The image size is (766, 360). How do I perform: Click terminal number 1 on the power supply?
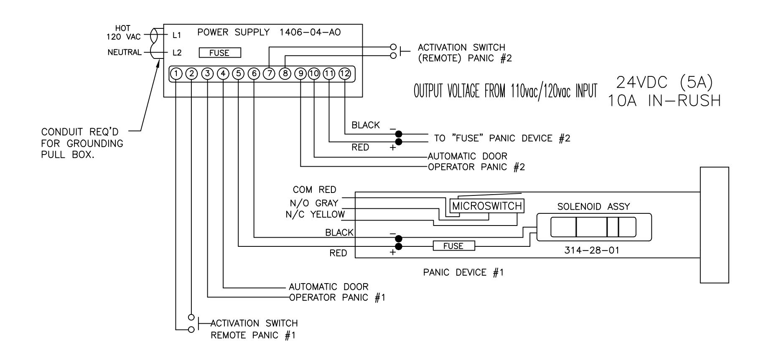[176, 74]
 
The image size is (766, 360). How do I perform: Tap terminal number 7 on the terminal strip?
[270, 74]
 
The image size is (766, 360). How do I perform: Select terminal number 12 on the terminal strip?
[345, 74]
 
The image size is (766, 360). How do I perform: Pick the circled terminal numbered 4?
[223, 74]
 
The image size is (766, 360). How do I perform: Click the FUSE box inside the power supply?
[220, 53]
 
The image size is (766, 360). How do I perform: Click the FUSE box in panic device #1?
[454, 246]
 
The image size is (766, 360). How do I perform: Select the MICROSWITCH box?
[487, 206]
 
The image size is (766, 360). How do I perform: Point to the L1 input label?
[177, 36]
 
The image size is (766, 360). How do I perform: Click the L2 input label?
[177, 53]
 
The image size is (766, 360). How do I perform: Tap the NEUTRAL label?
[125, 53]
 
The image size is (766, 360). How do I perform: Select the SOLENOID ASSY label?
[594, 206]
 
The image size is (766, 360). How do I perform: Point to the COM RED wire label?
[314, 190]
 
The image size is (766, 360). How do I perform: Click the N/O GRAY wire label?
[314, 203]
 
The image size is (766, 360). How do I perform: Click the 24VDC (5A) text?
[664, 83]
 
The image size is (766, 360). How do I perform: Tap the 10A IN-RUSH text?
[664, 101]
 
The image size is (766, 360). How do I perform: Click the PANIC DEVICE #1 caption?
[463, 273]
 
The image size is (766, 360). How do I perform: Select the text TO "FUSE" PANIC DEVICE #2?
[502, 138]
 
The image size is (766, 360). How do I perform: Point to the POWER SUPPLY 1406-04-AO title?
[269, 33]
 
